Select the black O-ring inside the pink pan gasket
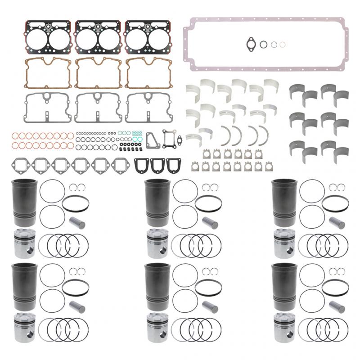coord(264,44)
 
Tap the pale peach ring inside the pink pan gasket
coord(282,44)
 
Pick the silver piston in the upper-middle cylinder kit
coord(156,242)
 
